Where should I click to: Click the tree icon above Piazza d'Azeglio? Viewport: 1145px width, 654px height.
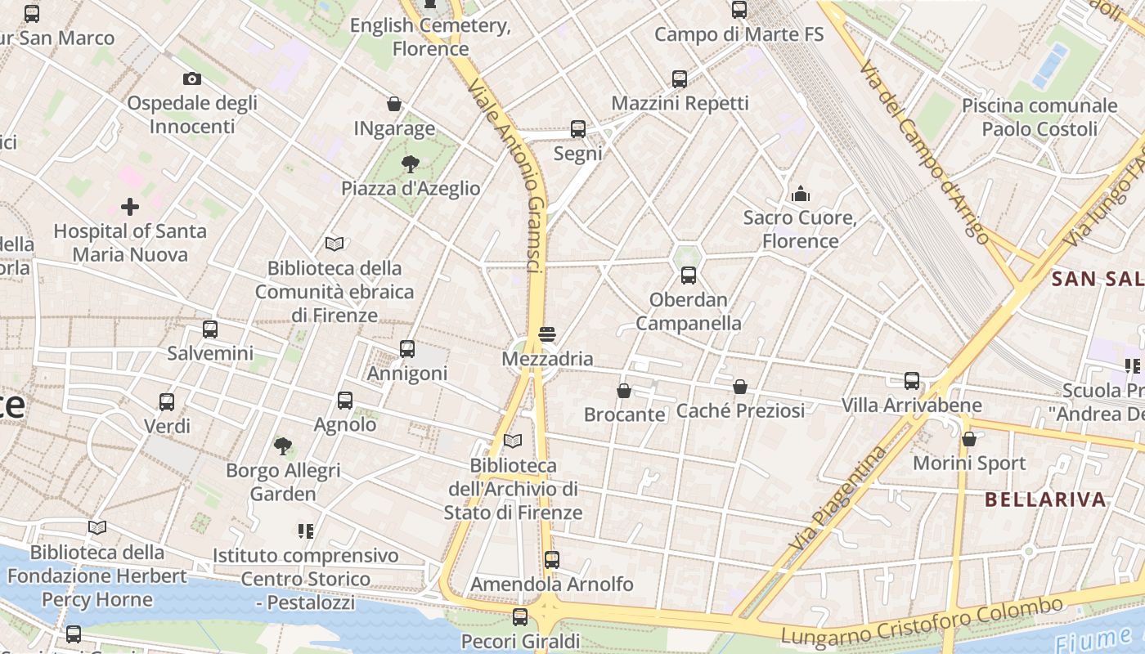pyautogui.click(x=410, y=164)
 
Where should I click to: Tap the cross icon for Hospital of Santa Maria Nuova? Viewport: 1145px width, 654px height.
pyautogui.click(x=129, y=207)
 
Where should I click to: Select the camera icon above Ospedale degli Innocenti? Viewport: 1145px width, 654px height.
pyautogui.click(x=192, y=78)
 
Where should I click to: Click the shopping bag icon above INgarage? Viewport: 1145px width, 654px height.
pyautogui.click(x=394, y=104)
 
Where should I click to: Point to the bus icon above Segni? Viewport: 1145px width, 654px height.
pyautogui.click(x=578, y=129)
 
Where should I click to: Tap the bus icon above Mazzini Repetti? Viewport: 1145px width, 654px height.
pyautogui.click(x=680, y=79)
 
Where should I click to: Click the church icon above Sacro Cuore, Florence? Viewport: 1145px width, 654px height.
pyautogui.click(x=801, y=194)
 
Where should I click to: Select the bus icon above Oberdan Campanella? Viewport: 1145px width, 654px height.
pyautogui.click(x=689, y=275)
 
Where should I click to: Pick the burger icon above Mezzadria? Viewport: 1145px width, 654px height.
pyautogui.click(x=547, y=334)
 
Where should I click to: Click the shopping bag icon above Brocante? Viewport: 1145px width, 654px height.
pyautogui.click(x=624, y=391)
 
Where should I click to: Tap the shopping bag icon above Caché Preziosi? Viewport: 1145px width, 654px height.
pyautogui.click(x=740, y=387)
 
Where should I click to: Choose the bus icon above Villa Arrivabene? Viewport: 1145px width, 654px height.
pyautogui.click(x=912, y=381)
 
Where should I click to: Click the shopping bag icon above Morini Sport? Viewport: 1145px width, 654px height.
pyautogui.click(x=969, y=439)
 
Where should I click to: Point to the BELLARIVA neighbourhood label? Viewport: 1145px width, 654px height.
pyautogui.click(x=1045, y=499)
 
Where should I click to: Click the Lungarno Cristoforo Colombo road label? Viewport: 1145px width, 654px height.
pyautogui.click(x=923, y=621)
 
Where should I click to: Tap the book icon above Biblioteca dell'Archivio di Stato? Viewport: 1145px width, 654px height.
pyautogui.click(x=513, y=441)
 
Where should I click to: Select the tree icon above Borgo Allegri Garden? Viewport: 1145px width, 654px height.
pyautogui.click(x=283, y=446)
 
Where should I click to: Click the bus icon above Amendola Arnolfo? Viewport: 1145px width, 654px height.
pyautogui.click(x=552, y=560)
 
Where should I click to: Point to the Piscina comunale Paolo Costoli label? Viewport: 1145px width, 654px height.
pyautogui.click(x=1039, y=117)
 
